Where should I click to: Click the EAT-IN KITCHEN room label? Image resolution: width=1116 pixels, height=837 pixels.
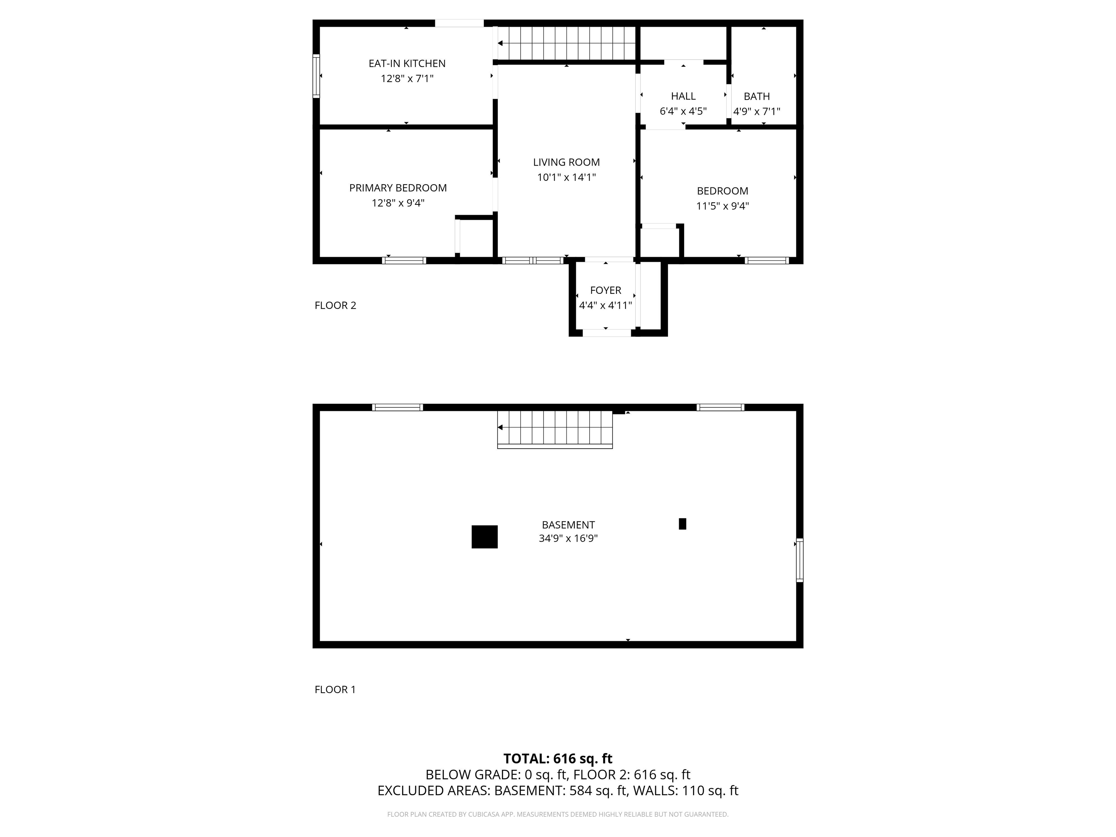click(407, 64)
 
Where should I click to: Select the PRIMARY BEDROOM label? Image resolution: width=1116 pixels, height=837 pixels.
click(397, 188)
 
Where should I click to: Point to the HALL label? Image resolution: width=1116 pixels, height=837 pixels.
click(683, 96)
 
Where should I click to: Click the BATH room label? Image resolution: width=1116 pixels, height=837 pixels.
click(757, 96)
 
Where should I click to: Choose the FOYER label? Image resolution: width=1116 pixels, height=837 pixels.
click(606, 291)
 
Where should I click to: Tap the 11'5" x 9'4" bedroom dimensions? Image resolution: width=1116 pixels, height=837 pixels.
click(723, 206)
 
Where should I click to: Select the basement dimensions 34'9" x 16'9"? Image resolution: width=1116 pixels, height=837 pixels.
click(568, 538)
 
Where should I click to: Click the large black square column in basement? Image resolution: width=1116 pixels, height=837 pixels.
click(484, 537)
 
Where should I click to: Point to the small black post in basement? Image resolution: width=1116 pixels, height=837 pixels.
click(682, 524)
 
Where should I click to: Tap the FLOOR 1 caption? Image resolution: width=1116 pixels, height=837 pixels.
click(335, 690)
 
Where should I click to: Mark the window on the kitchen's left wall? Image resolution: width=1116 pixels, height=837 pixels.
click(316, 76)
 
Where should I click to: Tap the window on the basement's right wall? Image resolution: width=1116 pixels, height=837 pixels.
click(800, 560)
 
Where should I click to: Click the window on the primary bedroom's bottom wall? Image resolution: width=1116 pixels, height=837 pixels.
click(404, 261)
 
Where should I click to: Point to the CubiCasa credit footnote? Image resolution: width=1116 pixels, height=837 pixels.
click(558, 814)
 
